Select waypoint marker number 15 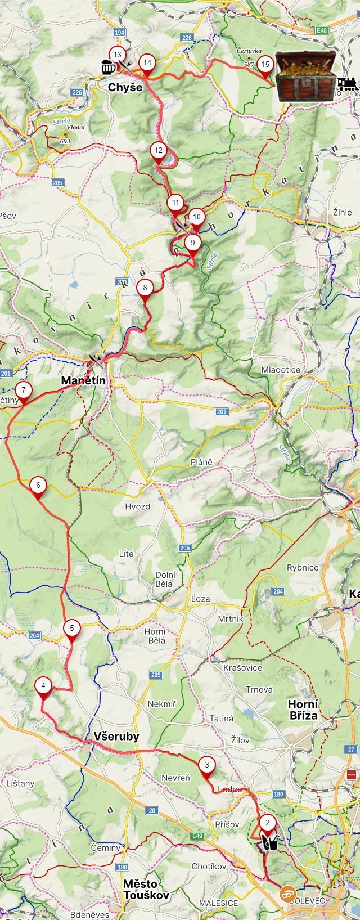point(265,65)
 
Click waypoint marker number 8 point(145,288)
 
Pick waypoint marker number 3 point(207,765)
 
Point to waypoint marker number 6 point(38,485)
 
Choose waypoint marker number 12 point(159,151)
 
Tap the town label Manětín point(83,381)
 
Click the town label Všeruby point(116,737)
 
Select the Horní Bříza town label point(303,710)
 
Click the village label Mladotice point(281,370)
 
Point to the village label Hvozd point(137,506)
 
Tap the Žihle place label point(342,212)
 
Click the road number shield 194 point(119,33)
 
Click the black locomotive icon point(348,84)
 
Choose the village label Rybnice point(303,568)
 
